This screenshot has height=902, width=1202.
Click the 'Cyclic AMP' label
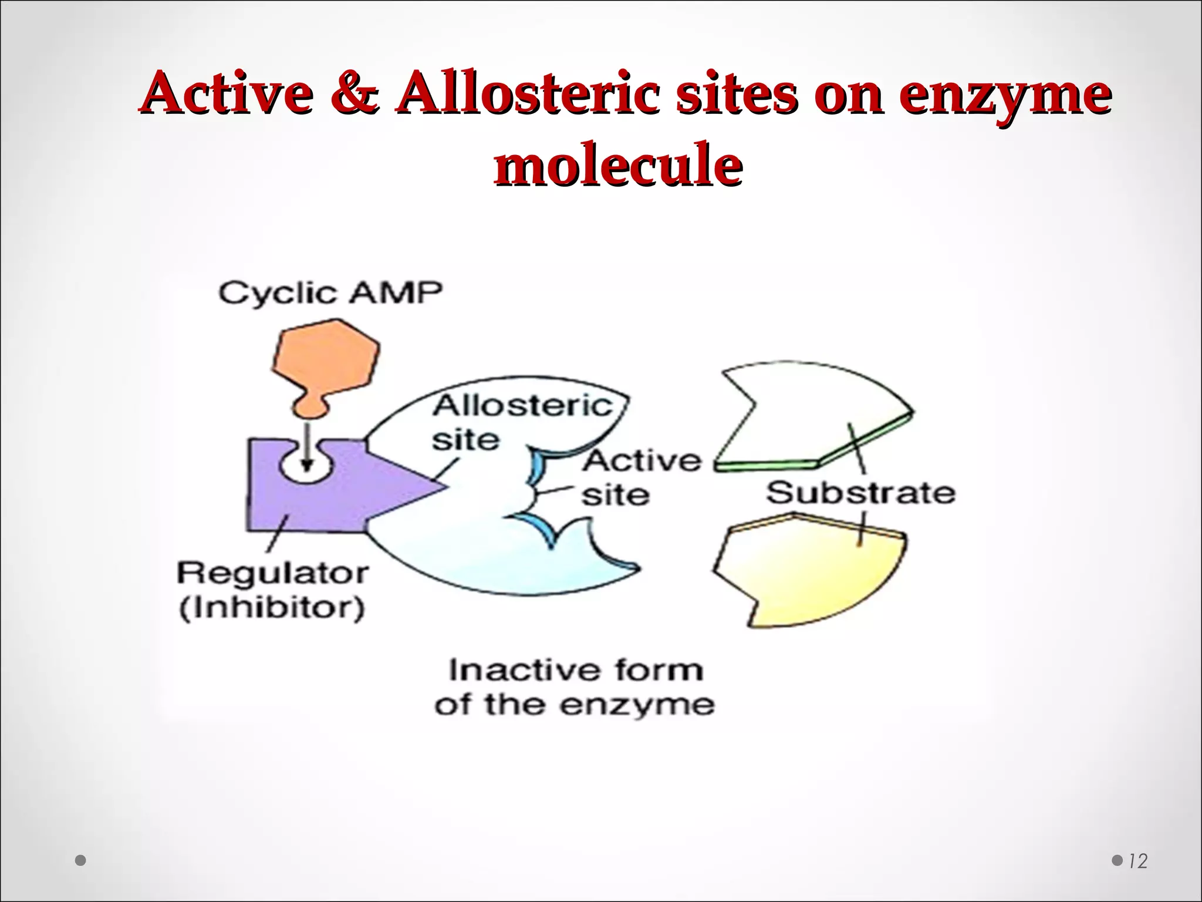[x=330, y=293]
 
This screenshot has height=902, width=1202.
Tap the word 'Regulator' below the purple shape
[x=273, y=573]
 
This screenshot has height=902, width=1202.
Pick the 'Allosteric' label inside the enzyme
[x=523, y=406]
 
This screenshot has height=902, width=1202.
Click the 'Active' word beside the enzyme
[x=641, y=460]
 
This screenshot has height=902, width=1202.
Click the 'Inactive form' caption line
[x=576, y=670]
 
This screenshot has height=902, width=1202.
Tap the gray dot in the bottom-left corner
[x=81, y=861]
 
